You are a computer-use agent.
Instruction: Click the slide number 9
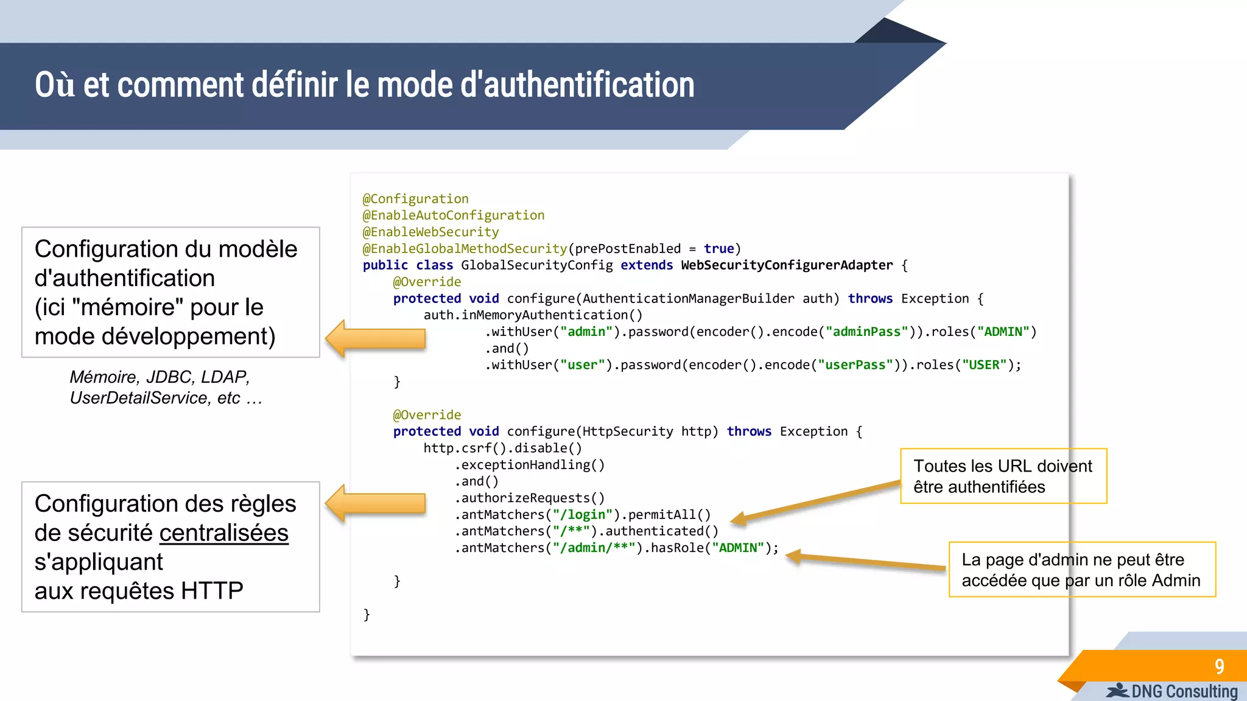pos(1219,666)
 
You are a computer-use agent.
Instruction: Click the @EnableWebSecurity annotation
pos(430,232)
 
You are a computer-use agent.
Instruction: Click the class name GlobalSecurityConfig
pos(536,265)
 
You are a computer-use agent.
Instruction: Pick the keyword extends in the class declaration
pos(647,265)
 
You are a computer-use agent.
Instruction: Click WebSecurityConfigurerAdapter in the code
pos(787,265)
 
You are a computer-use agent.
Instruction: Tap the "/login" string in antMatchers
pos(582,515)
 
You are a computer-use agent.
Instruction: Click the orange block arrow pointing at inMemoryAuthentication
pos(375,338)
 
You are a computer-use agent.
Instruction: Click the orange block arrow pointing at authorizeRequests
pos(375,503)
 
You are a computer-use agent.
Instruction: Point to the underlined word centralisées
pos(223,533)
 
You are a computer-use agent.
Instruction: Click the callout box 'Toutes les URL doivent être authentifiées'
pos(1003,476)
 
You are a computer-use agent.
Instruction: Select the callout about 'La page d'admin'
pos(1081,570)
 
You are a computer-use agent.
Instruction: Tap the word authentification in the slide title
pos(589,85)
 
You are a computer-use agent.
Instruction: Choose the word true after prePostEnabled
pos(718,249)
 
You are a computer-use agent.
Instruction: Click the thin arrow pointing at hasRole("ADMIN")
pos(865,561)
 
